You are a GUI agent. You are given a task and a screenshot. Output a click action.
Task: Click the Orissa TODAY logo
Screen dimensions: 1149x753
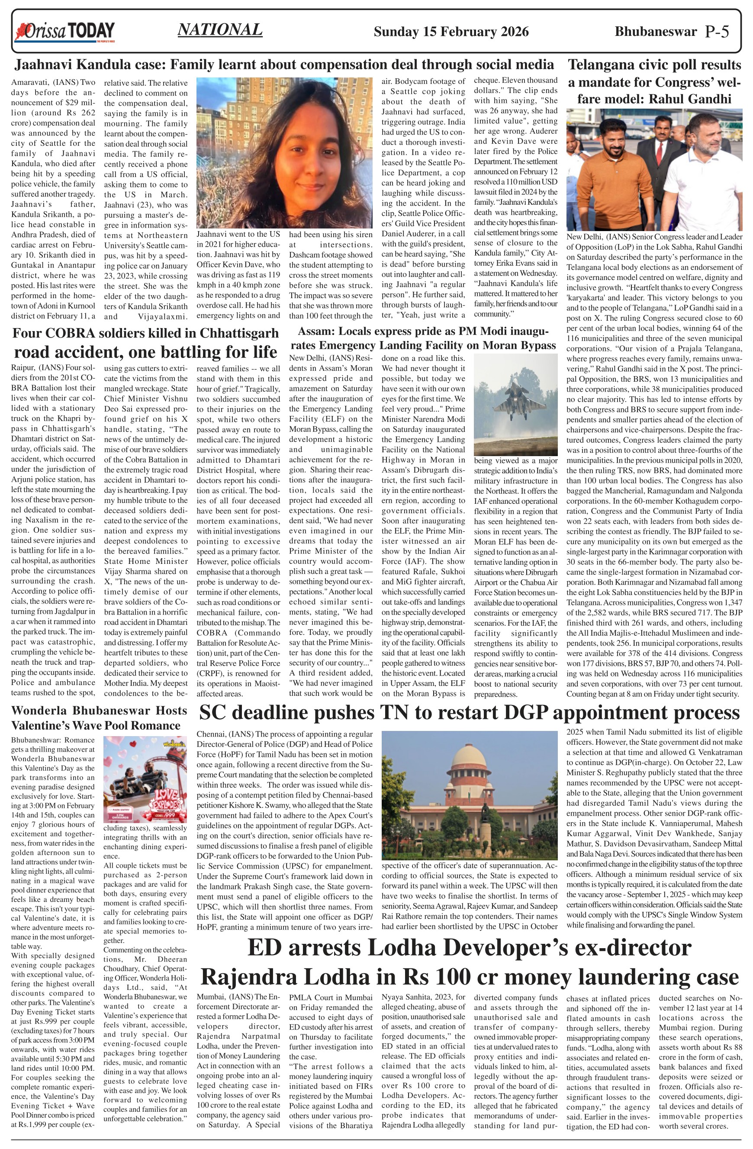click(65, 32)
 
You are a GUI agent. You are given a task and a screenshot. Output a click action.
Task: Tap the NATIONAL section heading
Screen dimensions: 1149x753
click(220, 30)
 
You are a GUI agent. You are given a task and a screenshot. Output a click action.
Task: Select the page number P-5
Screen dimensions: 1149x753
click(716, 32)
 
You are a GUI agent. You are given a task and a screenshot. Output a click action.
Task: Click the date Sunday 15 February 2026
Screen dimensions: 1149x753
click(451, 32)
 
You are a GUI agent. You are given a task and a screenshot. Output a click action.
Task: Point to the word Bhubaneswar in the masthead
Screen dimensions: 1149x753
click(656, 32)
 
